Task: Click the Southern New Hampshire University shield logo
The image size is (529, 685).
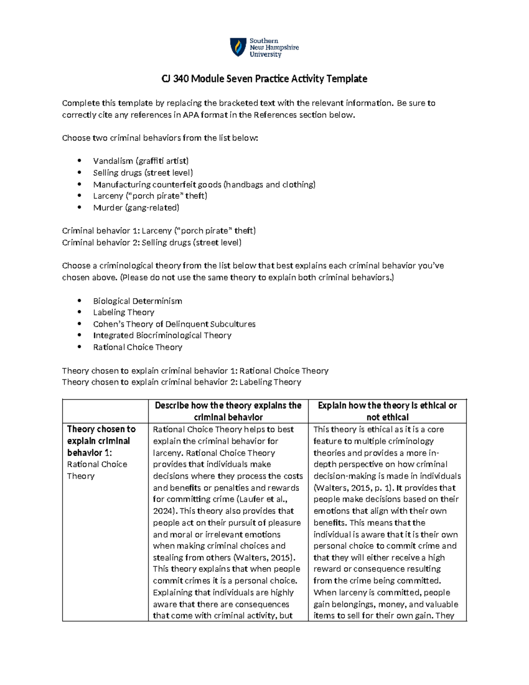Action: coord(238,47)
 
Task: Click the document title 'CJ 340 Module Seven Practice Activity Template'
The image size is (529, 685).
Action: coord(264,79)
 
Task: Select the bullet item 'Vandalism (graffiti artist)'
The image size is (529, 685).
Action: coord(141,161)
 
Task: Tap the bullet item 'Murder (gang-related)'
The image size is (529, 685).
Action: coord(136,208)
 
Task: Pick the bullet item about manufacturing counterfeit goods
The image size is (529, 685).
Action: coord(204,184)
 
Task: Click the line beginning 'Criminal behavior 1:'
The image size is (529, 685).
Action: coord(159,231)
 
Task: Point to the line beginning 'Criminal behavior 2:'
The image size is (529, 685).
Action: coord(152,243)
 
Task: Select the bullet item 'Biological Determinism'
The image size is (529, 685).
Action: coord(137,301)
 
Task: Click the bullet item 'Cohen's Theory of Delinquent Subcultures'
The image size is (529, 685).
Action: coord(174,324)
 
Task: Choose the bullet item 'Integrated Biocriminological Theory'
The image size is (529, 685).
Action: coord(162,336)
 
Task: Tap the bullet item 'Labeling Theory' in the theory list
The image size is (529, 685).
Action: coord(123,313)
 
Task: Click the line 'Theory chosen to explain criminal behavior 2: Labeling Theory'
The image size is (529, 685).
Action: coord(181,382)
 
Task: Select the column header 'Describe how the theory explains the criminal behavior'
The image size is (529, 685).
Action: coord(228,411)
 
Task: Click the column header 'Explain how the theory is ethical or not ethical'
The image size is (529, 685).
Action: coord(387,411)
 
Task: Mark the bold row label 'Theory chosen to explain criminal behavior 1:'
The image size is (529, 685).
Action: coord(101,441)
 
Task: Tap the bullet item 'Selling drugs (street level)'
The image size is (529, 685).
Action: coord(143,173)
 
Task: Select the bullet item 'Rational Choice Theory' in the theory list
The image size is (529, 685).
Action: coord(138,348)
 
